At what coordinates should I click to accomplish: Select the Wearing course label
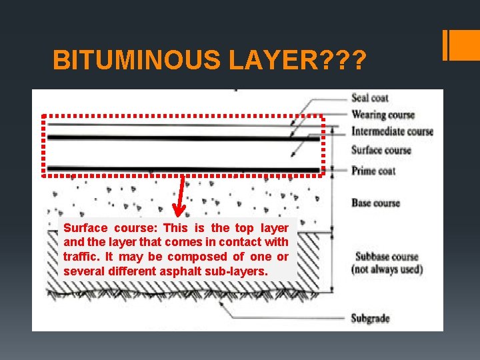coord(383,115)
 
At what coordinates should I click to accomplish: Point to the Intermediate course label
coord(392,131)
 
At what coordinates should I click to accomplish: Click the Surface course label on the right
coord(381,150)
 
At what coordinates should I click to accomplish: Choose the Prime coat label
coord(373,171)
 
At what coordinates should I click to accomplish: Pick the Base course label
coord(375,203)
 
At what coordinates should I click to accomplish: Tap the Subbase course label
coord(387,257)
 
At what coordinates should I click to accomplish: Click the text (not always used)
coord(387,269)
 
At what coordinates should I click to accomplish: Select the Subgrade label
coord(370,318)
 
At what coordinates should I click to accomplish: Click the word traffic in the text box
coord(77,257)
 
